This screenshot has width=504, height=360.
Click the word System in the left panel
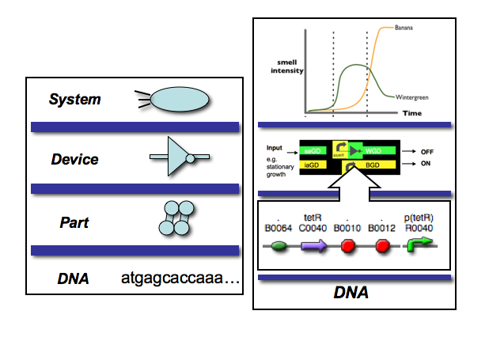tap(75, 100)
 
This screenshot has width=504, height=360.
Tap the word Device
tap(74, 160)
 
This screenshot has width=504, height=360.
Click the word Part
tap(74, 222)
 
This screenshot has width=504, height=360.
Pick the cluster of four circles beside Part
tap(172, 218)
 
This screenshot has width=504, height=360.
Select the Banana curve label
tap(404, 28)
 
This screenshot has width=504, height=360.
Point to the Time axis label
tap(412, 114)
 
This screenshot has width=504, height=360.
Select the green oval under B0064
tap(279, 247)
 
